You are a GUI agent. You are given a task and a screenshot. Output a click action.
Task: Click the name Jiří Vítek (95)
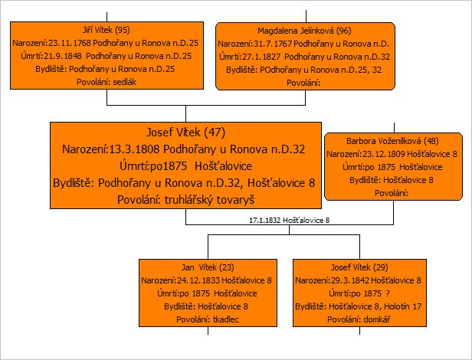pyautogui.click(x=107, y=30)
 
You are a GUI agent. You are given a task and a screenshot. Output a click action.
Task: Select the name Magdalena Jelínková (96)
pyautogui.click(x=304, y=31)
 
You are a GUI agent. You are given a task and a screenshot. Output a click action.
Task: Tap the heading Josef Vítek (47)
pyautogui.click(x=185, y=133)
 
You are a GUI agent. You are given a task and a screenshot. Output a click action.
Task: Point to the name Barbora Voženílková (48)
pyautogui.click(x=392, y=141)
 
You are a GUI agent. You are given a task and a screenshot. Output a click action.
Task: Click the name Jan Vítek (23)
pyautogui.click(x=208, y=267)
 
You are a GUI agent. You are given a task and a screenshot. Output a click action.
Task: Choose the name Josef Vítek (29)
pyautogui.click(x=359, y=267)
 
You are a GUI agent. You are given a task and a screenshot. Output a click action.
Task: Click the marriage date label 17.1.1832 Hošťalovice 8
pyautogui.click(x=290, y=221)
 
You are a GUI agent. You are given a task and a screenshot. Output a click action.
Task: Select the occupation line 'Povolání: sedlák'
pyautogui.click(x=107, y=82)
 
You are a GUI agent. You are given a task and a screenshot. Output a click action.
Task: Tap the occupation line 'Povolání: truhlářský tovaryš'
pyautogui.click(x=185, y=200)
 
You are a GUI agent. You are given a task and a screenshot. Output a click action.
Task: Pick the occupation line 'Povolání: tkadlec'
pyautogui.click(x=208, y=319)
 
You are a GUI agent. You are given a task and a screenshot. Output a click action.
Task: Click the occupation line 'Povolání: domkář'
pyautogui.click(x=359, y=319)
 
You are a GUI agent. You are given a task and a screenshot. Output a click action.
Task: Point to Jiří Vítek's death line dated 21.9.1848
pyautogui.click(x=106, y=56)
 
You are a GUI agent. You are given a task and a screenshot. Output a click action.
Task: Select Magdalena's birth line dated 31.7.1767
pyautogui.click(x=303, y=44)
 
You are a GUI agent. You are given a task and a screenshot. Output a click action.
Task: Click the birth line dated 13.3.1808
pyautogui.click(x=184, y=149)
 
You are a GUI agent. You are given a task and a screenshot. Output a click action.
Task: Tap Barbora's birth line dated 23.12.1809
pyautogui.click(x=392, y=154)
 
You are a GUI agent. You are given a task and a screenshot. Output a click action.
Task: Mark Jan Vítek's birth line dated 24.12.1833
pyautogui.click(x=207, y=280)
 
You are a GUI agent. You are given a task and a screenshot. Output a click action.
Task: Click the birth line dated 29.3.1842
pyautogui.click(x=359, y=280)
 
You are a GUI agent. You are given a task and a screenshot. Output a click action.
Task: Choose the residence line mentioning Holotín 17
pyautogui.click(x=359, y=306)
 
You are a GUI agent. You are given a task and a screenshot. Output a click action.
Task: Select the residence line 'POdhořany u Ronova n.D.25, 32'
pyautogui.click(x=304, y=70)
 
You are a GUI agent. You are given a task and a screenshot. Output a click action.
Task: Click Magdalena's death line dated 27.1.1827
pyautogui.click(x=304, y=57)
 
